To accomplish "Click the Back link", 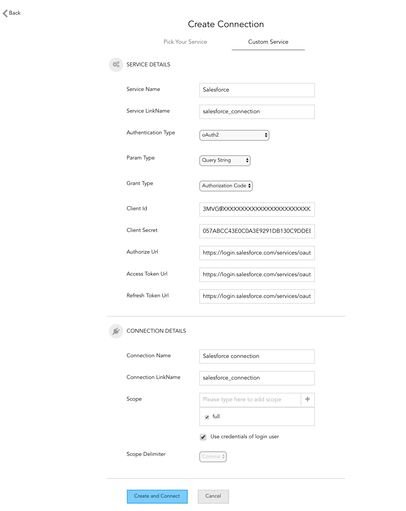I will point(12,13).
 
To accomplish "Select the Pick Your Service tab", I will point(185,42).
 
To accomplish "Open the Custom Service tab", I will point(268,42).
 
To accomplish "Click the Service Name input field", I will point(257,90).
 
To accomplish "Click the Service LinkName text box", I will point(257,112).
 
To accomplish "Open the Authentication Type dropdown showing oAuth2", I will point(234,135).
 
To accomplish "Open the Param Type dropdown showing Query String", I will point(225,160).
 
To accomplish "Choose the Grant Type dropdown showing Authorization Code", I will point(226,186).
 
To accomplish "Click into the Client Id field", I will point(257,209).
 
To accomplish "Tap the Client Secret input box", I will point(257,231).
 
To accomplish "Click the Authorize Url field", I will point(257,253).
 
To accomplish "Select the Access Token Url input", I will point(257,275).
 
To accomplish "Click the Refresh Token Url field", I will point(257,296).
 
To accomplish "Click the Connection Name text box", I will point(257,356).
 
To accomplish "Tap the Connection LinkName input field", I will point(257,378).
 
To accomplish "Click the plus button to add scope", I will point(308,399).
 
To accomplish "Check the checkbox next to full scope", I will point(207,417).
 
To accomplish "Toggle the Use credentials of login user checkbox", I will point(203,437).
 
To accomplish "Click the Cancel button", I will point(213,496).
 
